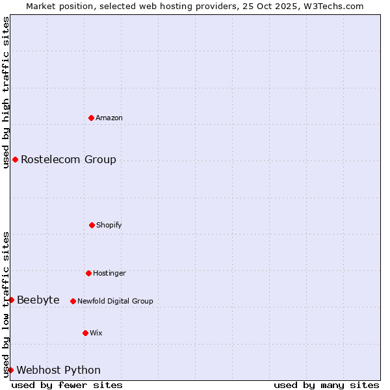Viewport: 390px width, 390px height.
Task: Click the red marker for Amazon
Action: pos(92,118)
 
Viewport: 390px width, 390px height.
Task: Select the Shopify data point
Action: pos(92,225)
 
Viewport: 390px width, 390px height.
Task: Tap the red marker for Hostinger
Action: pos(88,273)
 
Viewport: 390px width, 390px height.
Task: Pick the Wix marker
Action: pos(85,333)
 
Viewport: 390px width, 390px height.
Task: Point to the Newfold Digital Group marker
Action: pos(73,301)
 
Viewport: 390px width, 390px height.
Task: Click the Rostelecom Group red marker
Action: pos(15,159)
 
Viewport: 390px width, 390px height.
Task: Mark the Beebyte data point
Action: pos(11,300)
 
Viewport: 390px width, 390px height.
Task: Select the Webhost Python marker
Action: pos(10,370)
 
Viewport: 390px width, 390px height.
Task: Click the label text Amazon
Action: pos(109,118)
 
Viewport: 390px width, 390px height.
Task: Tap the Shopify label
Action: pos(109,225)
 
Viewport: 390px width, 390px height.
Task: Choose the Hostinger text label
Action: pos(109,273)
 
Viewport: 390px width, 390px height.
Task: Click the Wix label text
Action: pos(96,333)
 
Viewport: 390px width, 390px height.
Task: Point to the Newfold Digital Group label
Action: pos(115,301)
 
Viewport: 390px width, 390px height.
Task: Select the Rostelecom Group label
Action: pos(68,159)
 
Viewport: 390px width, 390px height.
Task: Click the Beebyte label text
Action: pos(38,300)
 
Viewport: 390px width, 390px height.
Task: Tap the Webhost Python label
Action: pos(58,370)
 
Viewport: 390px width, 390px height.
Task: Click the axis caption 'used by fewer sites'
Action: pos(67,385)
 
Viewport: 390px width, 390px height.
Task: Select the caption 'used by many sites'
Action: pos(326,385)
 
